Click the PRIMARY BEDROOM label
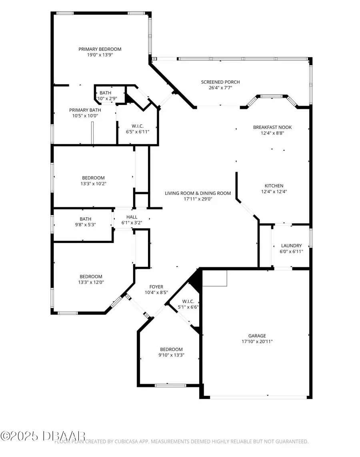(x=100, y=49)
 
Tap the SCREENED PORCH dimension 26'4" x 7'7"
(x=220, y=88)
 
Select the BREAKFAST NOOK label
(x=272, y=127)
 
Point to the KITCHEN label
(x=274, y=186)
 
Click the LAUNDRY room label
(x=291, y=246)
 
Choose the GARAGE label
(x=256, y=336)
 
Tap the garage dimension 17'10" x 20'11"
(x=256, y=341)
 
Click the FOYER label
(x=156, y=287)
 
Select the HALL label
(x=132, y=217)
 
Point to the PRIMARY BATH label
(x=85, y=110)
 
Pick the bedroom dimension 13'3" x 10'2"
(x=93, y=184)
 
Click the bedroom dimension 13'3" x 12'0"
(x=91, y=282)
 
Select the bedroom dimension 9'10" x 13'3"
(x=172, y=355)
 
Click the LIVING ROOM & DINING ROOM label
(x=198, y=193)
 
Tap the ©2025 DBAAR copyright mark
(x=43, y=435)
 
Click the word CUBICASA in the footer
(x=123, y=442)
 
